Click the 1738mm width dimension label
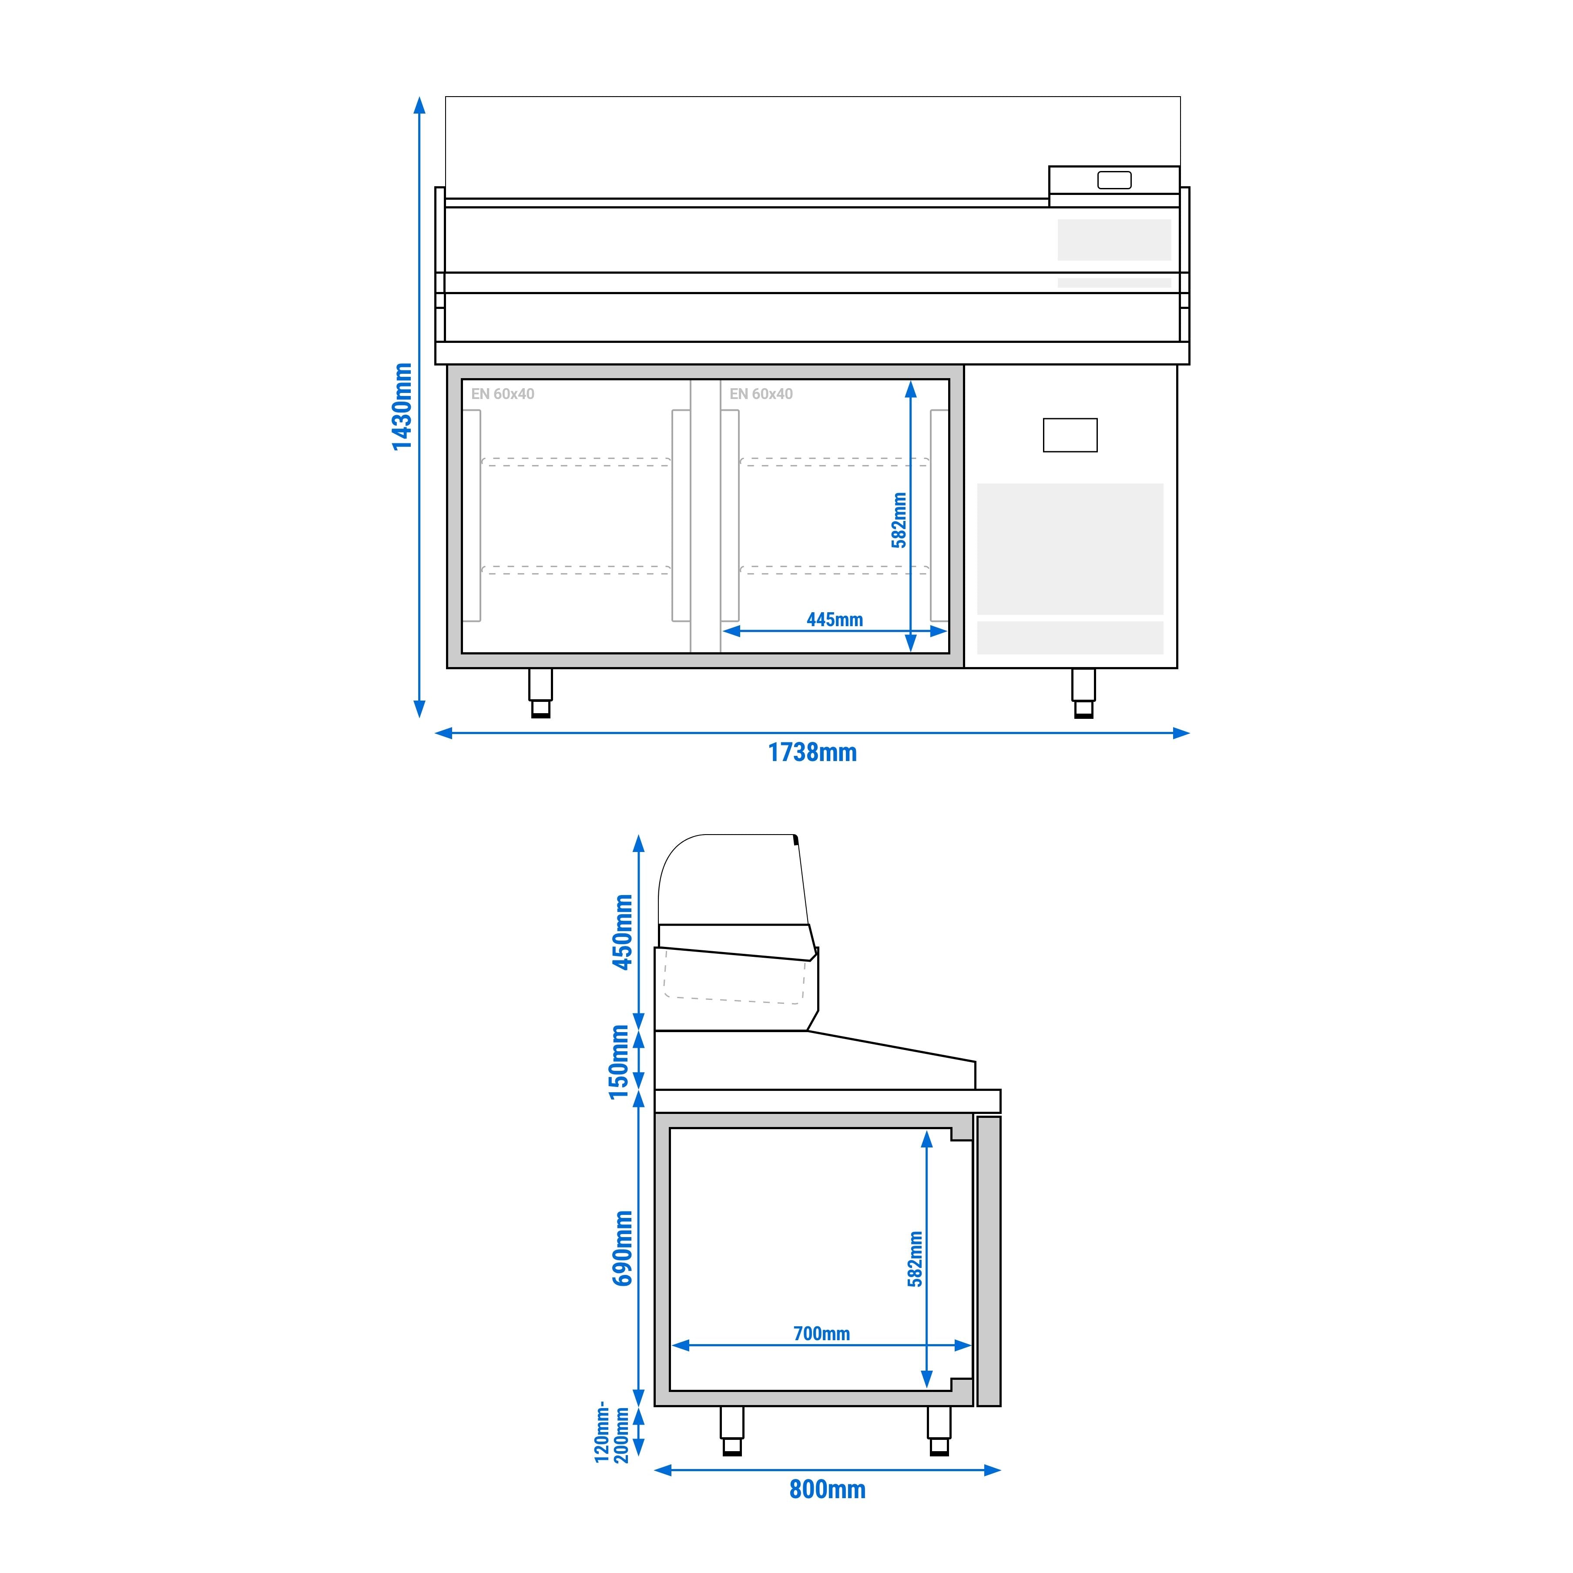pos(812,752)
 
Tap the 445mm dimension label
pos(835,620)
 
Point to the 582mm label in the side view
pos(915,1259)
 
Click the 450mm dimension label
pos(623,932)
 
